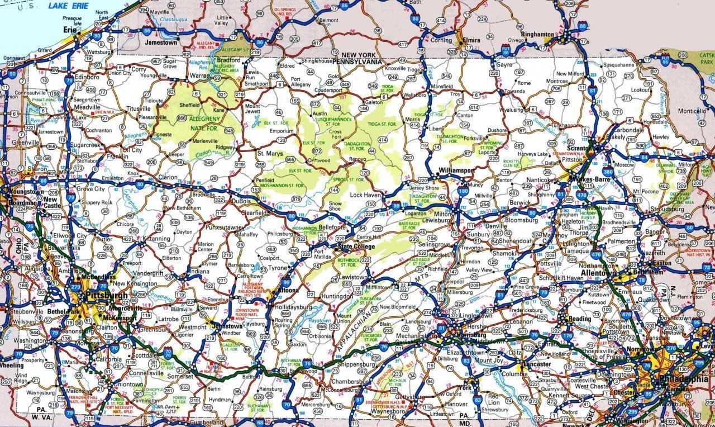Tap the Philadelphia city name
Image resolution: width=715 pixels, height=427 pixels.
click(683, 378)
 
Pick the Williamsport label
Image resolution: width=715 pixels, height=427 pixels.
click(456, 169)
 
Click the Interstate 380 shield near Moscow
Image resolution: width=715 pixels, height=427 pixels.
click(608, 172)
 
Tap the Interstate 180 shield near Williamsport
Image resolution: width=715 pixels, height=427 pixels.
click(463, 191)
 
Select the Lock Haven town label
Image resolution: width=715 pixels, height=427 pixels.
click(365, 195)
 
